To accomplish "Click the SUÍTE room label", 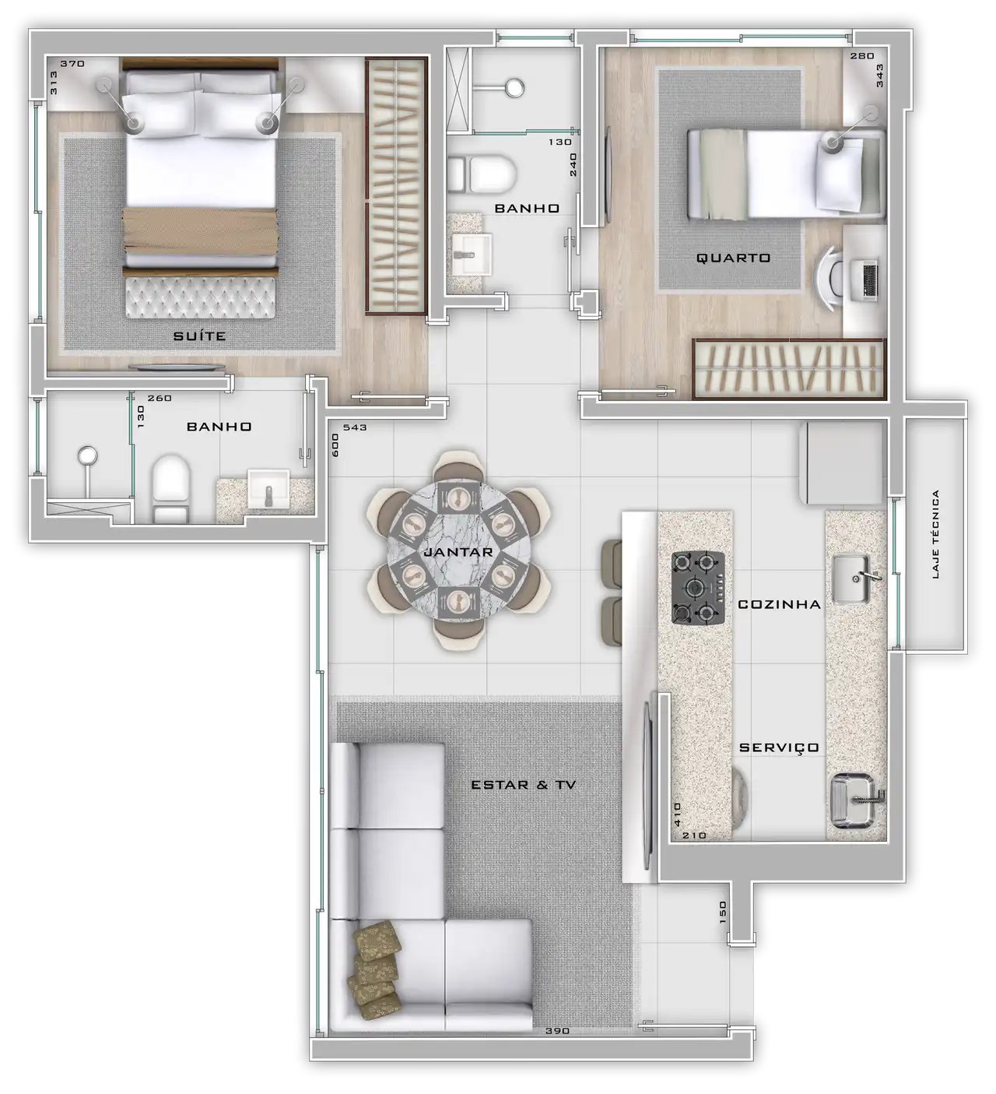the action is [199, 336].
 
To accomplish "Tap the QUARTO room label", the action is [733, 258].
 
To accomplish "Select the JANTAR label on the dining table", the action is [458, 552].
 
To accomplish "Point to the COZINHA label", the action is [779, 603].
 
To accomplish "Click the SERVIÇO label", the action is [779, 748].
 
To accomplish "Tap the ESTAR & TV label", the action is [524, 785].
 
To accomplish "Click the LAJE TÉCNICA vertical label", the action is [935, 534].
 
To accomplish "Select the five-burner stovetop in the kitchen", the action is [698, 587].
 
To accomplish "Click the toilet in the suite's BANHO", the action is [170, 489].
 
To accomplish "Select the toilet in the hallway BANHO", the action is [482, 174].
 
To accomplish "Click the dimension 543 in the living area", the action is [355, 427].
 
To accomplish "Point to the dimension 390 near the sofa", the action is [557, 1031].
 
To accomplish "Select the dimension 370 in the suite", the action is [72, 63].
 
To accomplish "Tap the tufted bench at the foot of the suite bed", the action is [200, 297].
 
